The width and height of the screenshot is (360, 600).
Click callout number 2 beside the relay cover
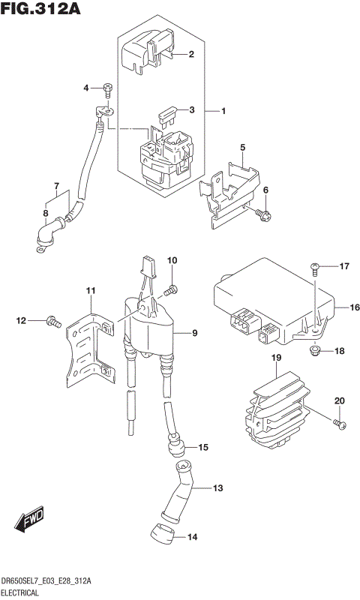coord(191,54)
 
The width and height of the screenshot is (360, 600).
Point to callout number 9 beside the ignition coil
coord(194,333)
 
